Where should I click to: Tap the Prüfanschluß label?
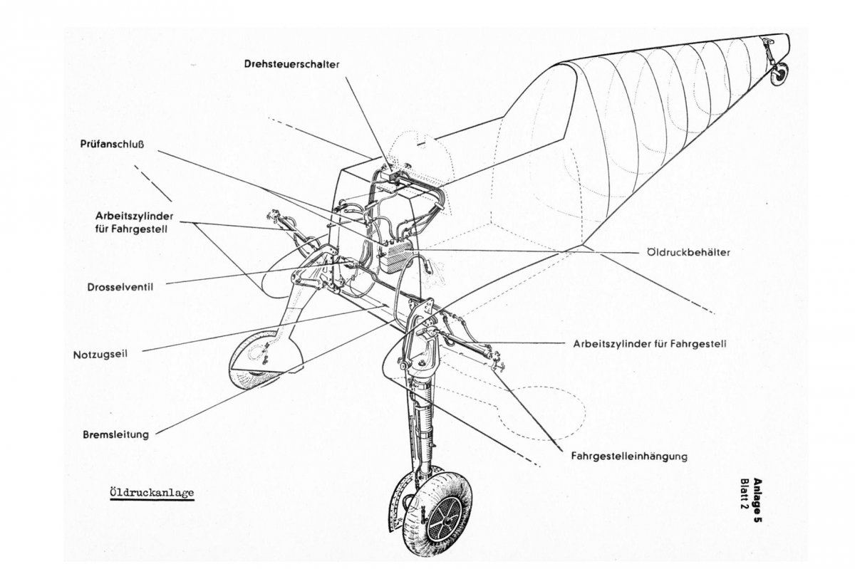113,142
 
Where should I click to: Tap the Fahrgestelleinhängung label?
629,456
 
